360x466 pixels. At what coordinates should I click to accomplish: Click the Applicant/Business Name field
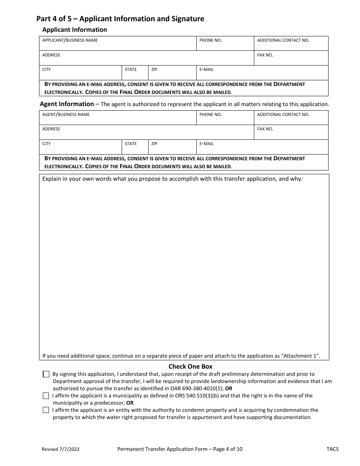117,45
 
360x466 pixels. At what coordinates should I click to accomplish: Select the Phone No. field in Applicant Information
225,45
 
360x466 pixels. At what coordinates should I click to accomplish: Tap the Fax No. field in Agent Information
291,134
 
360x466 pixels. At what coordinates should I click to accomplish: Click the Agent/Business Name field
117,119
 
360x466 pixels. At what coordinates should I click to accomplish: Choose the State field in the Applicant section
135,74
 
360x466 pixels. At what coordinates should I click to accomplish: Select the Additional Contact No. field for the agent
291,119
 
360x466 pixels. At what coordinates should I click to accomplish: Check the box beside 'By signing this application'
46,374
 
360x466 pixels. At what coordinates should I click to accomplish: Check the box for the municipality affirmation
46,396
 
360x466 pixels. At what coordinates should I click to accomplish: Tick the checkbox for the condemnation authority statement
46,410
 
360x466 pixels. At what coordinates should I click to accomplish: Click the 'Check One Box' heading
190,366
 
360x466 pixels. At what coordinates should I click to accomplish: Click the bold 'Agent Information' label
67,104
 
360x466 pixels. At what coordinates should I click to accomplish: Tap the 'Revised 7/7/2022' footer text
61,449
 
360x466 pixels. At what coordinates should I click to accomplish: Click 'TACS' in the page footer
332,449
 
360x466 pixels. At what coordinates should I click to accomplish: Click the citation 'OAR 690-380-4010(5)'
199,388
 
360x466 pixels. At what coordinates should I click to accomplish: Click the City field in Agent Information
80,149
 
